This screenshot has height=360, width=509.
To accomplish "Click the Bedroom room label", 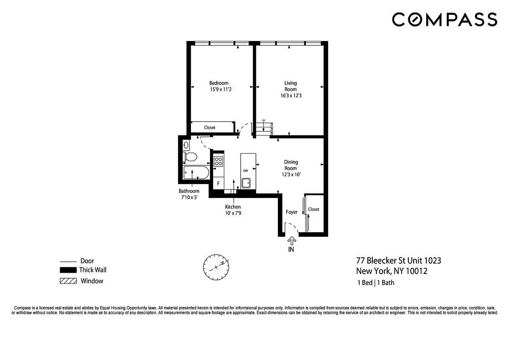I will point(219,83).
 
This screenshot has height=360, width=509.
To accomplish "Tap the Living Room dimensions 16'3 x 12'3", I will point(290,95).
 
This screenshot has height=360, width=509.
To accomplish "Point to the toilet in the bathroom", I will point(190,157).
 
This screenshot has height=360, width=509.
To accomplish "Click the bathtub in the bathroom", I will point(196,172).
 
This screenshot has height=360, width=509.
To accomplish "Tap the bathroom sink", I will point(186,145).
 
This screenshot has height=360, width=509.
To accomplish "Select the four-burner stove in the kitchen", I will point(219,160).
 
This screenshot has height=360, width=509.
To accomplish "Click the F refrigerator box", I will point(219,184).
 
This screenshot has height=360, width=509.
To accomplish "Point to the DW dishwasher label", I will point(246,171).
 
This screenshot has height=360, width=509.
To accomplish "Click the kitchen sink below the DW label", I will point(246,183).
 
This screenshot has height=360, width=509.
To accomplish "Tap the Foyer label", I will point(292,212).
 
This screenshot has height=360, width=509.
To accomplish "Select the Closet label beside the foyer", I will point(313,209).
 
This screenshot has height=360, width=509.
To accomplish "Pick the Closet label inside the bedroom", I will point(210,127).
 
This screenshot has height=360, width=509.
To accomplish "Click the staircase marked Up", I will point(265,129).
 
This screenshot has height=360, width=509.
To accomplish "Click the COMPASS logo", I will point(444,19).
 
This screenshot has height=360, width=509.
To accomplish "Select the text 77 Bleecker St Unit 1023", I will point(398,261).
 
